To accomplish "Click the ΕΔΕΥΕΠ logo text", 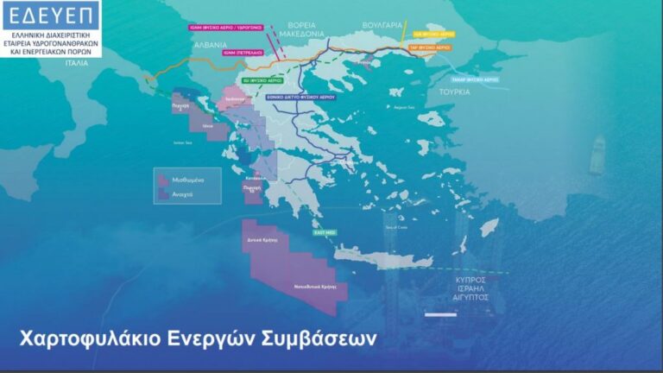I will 50,15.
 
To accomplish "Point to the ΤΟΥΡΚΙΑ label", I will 453,91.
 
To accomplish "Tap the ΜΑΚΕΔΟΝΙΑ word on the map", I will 301,34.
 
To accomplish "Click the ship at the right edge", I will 597,155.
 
